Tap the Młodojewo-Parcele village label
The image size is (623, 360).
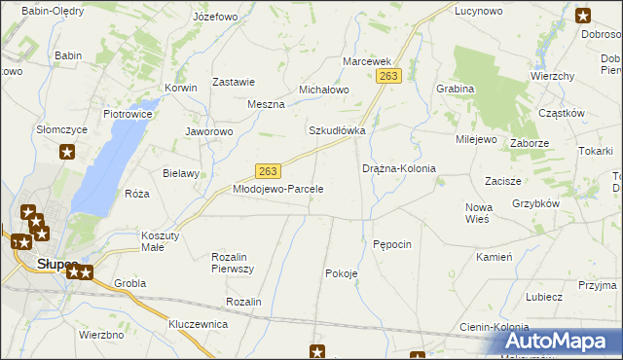(277, 189)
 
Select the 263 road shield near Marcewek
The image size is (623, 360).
(388, 76)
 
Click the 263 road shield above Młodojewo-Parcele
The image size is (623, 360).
(270, 169)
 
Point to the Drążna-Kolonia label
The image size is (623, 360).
(399, 168)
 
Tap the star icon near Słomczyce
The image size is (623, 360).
(67, 151)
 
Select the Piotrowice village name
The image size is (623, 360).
(127, 114)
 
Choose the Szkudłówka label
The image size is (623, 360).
(337, 130)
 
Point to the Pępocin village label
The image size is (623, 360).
(392, 243)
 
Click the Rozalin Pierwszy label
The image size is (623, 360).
(233, 262)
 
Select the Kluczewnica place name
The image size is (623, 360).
(198, 323)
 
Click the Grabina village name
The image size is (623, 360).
(455, 89)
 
